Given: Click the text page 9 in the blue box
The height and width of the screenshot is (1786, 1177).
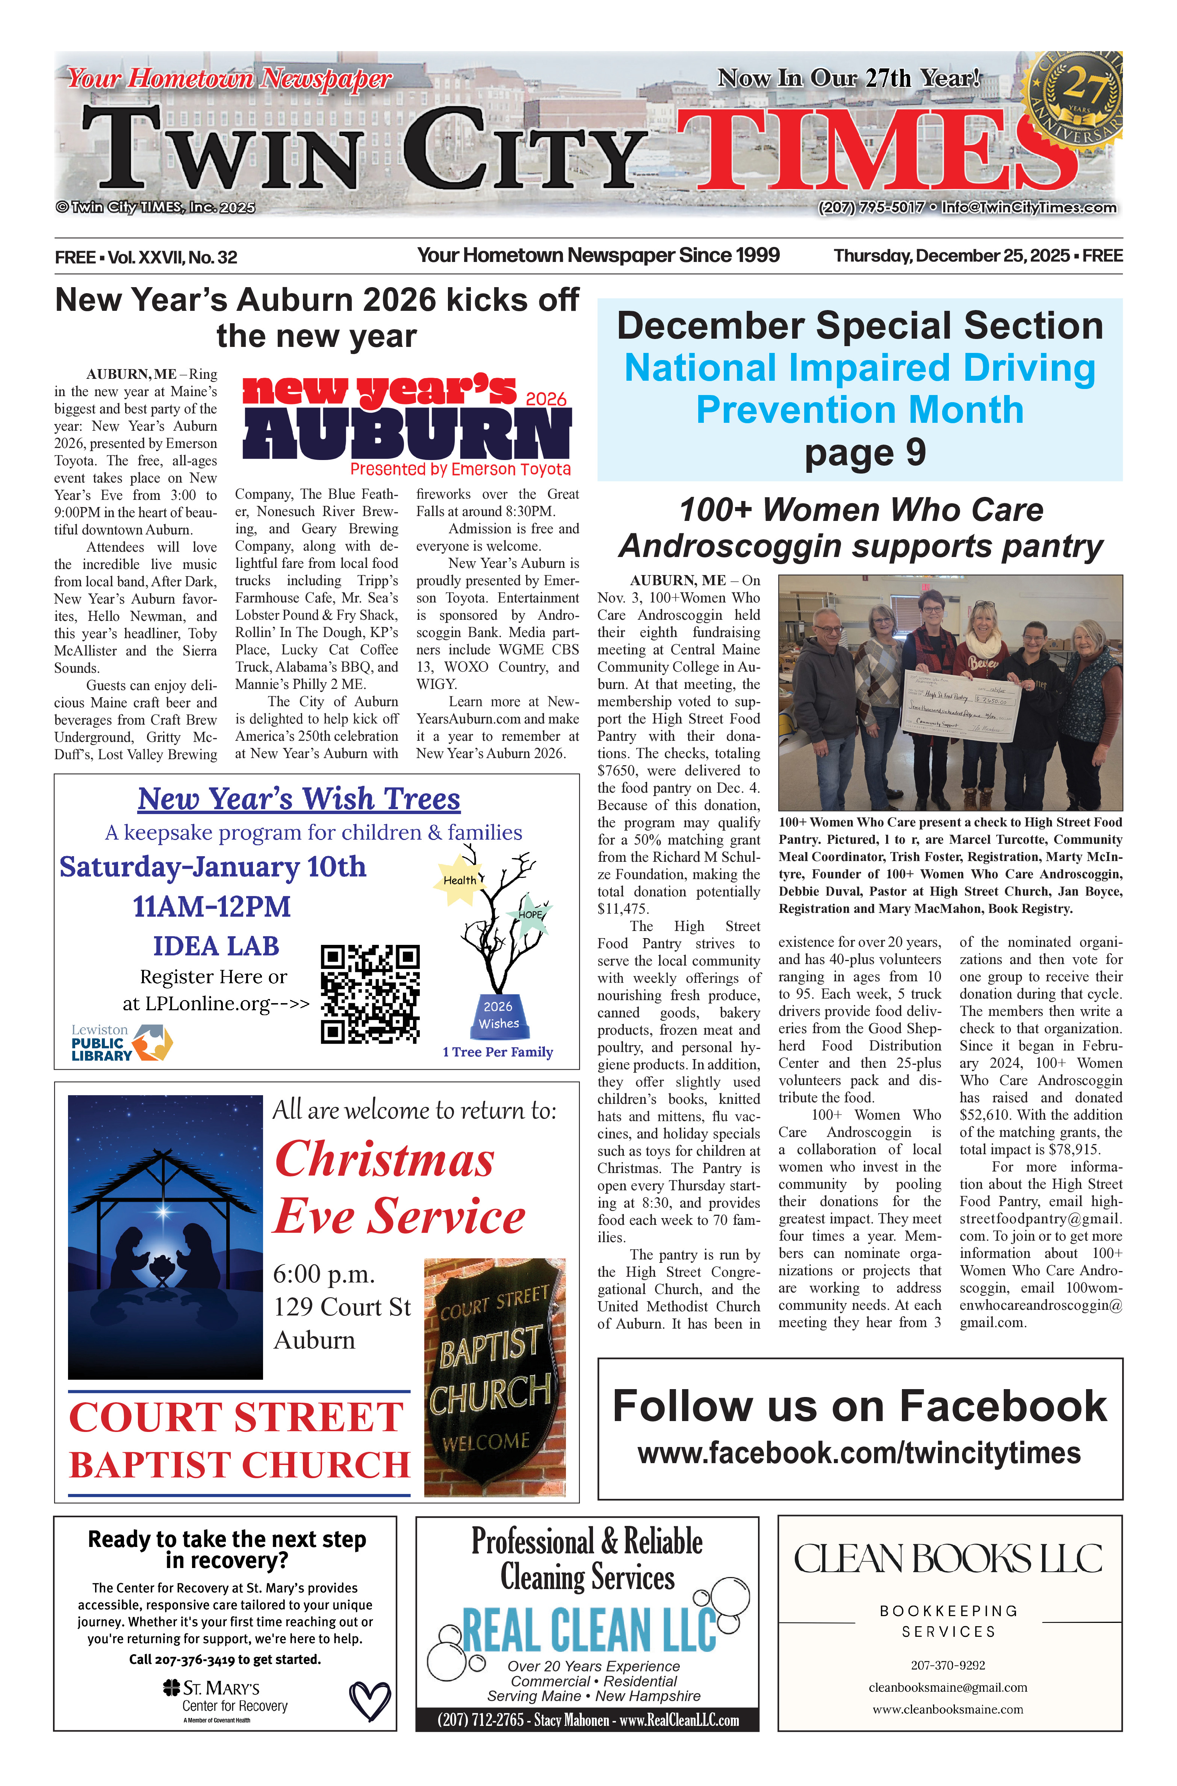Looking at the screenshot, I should click(x=865, y=452).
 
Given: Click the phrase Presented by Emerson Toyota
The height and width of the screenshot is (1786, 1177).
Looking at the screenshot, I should click(x=460, y=469).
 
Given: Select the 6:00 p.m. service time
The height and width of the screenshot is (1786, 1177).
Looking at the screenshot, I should click(x=324, y=1274).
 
